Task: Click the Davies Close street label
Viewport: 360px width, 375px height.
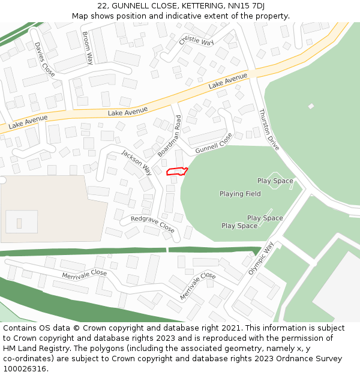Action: click(44, 59)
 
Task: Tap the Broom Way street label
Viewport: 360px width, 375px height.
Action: click(88, 48)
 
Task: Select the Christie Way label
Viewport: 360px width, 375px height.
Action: click(196, 41)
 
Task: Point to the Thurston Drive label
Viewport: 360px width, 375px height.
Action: click(269, 129)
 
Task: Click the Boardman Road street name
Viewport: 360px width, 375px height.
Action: click(170, 137)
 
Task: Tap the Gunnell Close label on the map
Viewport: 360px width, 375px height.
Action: click(214, 142)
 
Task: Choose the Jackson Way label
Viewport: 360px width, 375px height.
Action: click(137, 162)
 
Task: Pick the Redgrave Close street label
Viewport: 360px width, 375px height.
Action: click(152, 224)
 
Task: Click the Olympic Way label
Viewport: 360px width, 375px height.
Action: click(261, 258)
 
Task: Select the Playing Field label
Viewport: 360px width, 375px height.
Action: click(240, 194)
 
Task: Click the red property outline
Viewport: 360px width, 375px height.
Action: click(176, 172)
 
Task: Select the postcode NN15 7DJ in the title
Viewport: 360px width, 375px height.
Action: click(244, 6)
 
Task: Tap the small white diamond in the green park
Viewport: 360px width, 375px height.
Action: click(311, 106)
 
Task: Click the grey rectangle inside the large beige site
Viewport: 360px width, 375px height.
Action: click(19, 223)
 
